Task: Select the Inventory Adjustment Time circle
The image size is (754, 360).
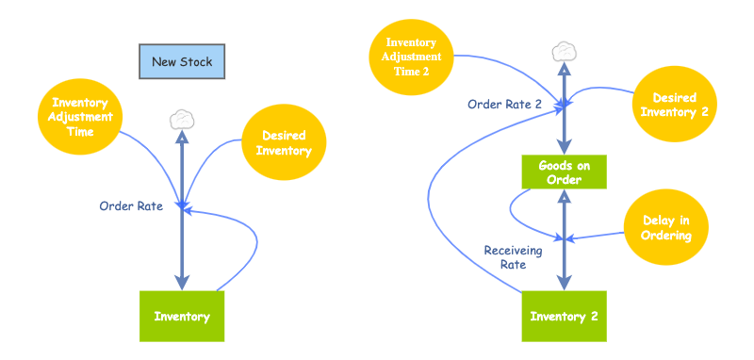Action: click(82, 118)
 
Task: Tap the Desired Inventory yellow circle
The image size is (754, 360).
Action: click(284, 143)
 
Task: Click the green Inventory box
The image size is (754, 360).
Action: click(181, 317)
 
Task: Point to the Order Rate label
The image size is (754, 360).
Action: click(131, 205)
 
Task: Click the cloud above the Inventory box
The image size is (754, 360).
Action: click(182, 120)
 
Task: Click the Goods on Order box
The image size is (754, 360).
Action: click(564, 172)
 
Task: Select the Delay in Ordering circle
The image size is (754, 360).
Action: click(666, 228)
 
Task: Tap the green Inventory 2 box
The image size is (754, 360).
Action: click(564, 317)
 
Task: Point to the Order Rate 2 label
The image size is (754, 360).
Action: click(504, 105)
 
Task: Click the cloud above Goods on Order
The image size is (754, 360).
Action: click(564, 51)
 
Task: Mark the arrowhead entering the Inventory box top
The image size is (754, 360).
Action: click(182, 282)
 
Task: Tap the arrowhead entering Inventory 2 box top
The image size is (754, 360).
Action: click(564, 282)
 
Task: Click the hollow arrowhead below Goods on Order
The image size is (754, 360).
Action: click(564, 197)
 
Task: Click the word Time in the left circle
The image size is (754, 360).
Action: click(82, 133)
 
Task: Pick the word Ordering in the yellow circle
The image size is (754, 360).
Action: click(666, 236)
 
